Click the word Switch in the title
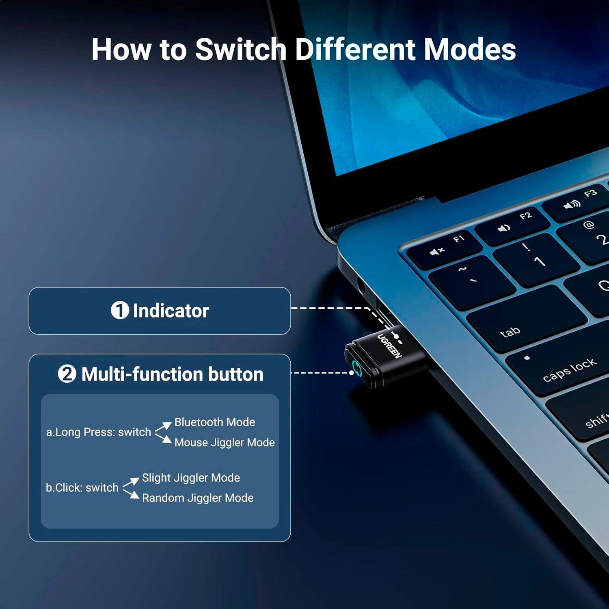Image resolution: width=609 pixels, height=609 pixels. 241,49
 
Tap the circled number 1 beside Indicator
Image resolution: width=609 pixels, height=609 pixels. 120,310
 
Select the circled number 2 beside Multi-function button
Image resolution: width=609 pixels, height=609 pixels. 67,374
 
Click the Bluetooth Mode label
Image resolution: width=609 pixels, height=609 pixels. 215,422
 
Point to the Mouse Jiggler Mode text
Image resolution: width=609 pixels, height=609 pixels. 225,443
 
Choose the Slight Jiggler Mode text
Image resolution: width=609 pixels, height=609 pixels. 191,478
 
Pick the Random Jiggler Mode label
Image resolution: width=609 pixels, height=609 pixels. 198,498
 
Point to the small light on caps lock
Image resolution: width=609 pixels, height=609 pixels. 527,358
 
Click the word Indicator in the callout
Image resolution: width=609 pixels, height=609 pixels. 171,311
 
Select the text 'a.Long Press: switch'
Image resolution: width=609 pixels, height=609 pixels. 99,432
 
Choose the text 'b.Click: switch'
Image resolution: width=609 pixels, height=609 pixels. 82,488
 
